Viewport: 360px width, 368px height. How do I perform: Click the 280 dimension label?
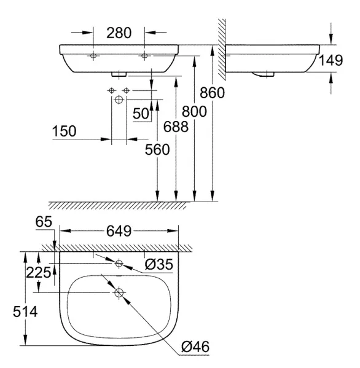[119, 33]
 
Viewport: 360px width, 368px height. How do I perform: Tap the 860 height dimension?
[212, 93]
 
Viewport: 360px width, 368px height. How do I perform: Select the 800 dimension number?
[194, 111]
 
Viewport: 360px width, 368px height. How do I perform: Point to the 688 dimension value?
[176, 127]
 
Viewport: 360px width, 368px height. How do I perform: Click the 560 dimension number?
[157, 150]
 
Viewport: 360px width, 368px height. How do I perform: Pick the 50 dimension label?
[141, 114]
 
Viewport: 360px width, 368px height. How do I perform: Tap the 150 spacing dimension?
[64, 131]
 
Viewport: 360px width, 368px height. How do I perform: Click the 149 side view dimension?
[331, 60]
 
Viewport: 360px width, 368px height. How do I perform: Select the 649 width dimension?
[119, 231]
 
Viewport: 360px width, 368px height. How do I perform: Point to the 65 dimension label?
[44, 222]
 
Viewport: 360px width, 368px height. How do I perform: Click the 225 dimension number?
[38, 273]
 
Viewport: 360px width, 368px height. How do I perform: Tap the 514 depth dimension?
[25, 312]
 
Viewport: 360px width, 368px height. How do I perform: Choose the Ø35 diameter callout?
[159, 264]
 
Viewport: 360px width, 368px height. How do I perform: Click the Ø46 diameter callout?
[195, 346]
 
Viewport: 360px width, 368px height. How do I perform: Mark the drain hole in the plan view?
[119, 292]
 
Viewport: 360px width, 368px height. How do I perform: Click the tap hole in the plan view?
[119, 264]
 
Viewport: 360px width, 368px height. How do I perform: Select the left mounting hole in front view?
[93, 56]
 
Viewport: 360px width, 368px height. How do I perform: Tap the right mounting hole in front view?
[144, 56]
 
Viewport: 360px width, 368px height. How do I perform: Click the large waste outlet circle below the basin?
[119, 100]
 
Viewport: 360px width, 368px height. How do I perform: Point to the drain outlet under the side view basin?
[264, 74]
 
